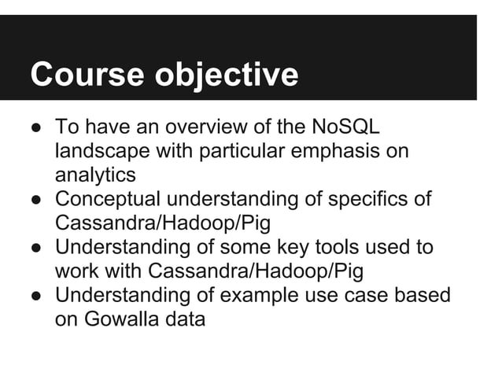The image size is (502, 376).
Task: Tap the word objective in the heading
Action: point(226,76)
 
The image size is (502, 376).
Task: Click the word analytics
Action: point(95,175)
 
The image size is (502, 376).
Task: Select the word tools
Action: point(335,248)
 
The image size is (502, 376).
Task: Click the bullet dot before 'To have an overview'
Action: point(36,127)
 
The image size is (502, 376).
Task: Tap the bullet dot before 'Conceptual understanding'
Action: point(36,200)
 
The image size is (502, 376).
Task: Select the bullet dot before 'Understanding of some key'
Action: point(36,249)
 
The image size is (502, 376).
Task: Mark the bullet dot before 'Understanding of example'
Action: point(36,297)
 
